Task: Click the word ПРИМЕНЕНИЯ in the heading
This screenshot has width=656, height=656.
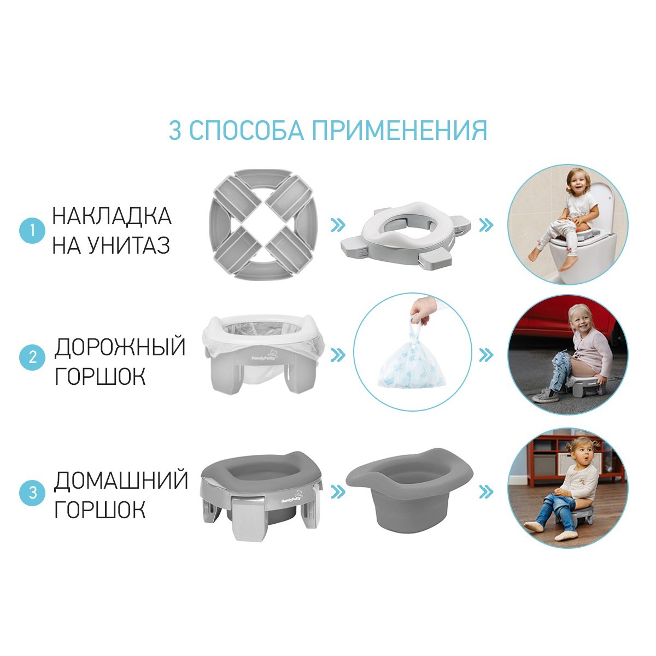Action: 400,130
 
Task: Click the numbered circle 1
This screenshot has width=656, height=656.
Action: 32,231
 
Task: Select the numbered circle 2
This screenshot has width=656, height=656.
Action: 32,358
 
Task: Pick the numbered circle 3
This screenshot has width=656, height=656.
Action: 32,493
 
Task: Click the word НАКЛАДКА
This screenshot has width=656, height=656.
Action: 112,216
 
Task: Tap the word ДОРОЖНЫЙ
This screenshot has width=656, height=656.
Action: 120,347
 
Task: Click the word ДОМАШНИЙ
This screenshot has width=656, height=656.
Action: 121,481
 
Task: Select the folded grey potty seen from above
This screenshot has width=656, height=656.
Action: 264,224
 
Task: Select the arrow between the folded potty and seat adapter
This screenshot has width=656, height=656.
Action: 338,225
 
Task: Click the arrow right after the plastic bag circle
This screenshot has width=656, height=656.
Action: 486,355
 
